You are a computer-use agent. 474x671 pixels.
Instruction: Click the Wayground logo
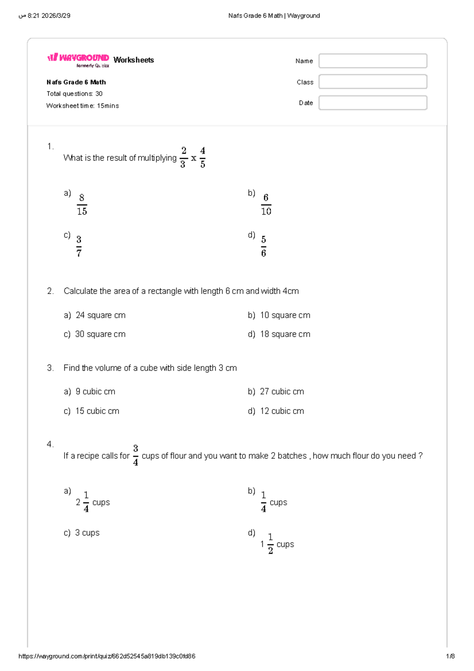78,59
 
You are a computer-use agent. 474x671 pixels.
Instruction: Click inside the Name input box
372,61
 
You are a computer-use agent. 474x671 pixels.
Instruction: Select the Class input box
372,82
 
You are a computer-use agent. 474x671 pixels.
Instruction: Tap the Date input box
372,103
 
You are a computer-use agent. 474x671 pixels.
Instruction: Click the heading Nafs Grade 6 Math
76,82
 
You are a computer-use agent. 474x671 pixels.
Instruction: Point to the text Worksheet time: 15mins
83,106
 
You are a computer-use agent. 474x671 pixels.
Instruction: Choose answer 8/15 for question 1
82,204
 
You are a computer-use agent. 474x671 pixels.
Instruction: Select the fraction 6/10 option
266,204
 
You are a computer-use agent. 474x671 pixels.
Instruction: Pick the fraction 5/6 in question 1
263,246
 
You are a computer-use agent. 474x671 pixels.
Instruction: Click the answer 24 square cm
100,315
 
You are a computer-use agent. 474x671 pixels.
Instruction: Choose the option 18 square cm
285,334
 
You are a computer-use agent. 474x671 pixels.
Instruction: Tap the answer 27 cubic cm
282,391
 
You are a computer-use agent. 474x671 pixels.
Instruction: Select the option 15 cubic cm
97,411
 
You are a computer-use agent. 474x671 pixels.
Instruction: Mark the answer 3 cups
87,533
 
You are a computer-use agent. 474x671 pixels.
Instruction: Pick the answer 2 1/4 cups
92,502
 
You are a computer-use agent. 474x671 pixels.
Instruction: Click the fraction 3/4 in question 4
135,455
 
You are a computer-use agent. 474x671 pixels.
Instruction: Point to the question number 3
50,368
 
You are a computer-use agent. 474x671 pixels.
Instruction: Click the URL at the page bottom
107,656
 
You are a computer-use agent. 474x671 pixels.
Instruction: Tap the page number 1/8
450,656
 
